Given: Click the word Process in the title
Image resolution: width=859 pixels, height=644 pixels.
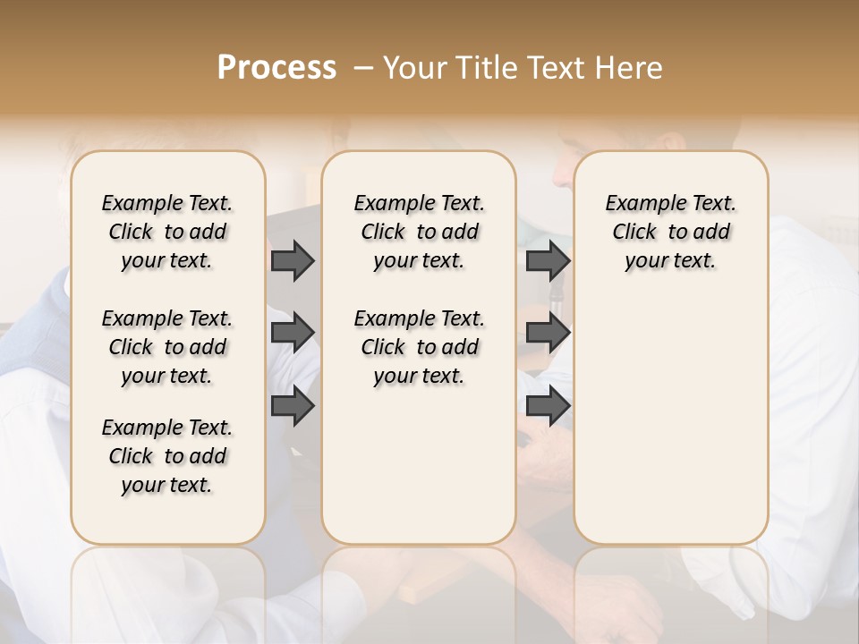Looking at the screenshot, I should [x=276, y=68].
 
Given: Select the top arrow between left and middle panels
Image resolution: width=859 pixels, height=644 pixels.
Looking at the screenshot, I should [x=293, y=261].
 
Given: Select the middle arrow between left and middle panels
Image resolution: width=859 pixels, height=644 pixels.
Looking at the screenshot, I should [x=293, y=333].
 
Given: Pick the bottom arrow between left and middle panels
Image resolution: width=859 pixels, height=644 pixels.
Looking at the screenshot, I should [x=293, y=407].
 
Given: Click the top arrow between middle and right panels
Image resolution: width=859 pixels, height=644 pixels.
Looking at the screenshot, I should [x=548, y=261].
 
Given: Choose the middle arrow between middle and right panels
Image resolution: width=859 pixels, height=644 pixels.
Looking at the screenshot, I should [x=548, y=333].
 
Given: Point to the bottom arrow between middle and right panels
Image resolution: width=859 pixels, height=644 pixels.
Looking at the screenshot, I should [x=548, y=407].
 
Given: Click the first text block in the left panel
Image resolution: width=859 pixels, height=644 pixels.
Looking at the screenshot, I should [x=167, y=232].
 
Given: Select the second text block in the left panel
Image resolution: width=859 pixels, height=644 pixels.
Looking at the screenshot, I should [x=167, y=347].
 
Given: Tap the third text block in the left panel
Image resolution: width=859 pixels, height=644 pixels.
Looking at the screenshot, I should [x=167, y=456].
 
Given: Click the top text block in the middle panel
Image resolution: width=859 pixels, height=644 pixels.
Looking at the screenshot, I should [x=419, y=232].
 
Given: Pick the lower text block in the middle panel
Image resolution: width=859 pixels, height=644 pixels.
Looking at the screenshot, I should [x=419, y=347].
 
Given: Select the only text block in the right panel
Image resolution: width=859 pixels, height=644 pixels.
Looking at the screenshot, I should [x=670, y=232].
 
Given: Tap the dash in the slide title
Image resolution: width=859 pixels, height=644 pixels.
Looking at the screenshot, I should [x=363, y=68].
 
